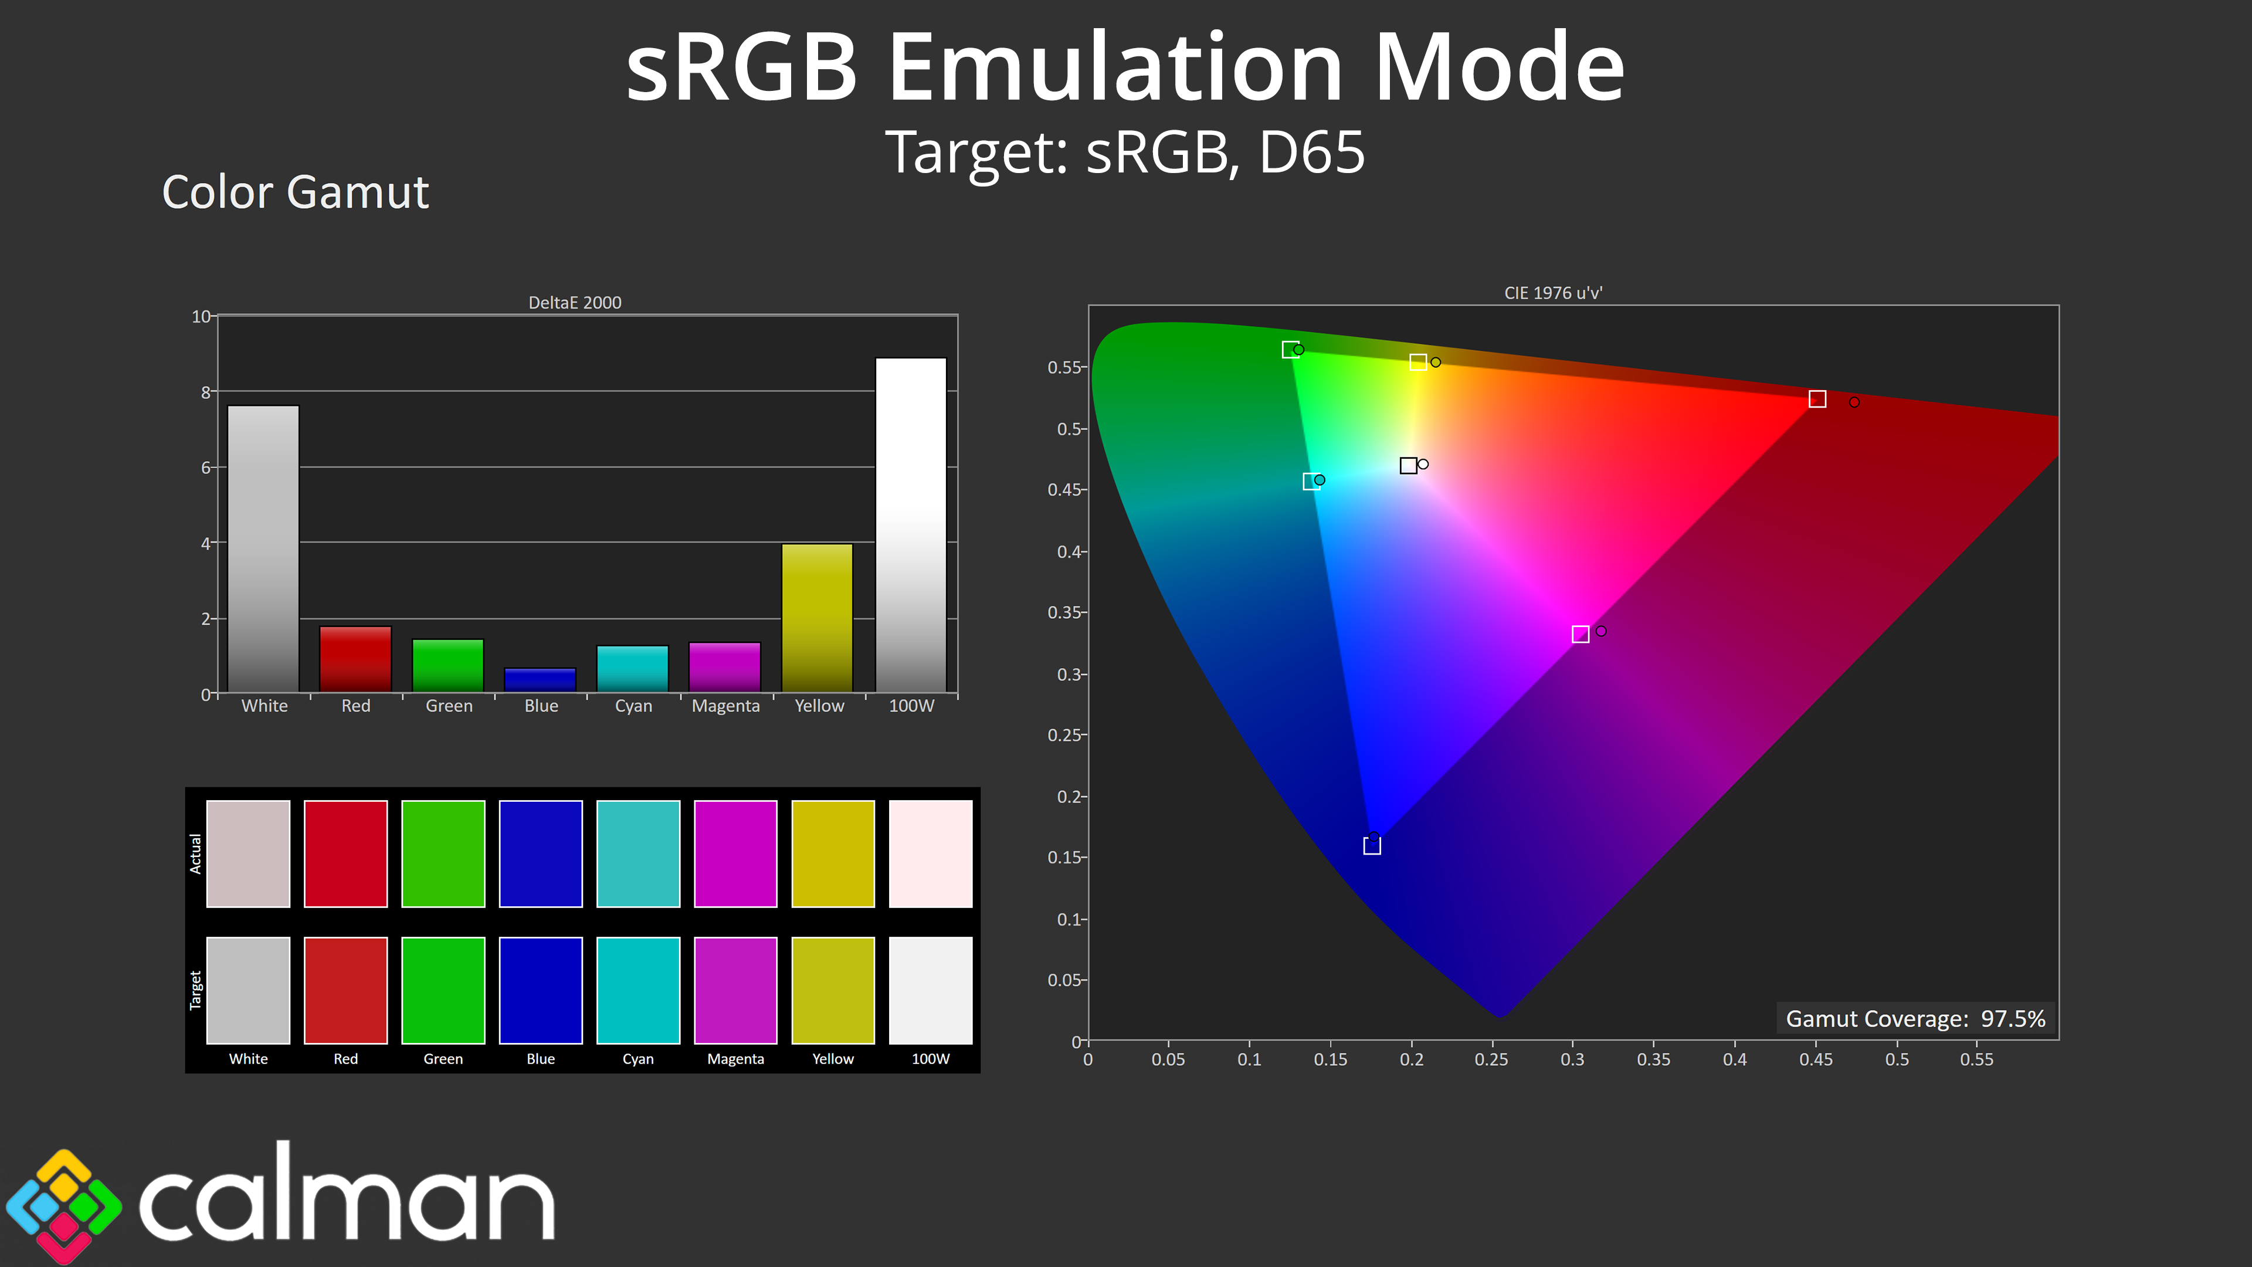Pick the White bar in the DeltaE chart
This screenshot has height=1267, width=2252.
tap(263, 549)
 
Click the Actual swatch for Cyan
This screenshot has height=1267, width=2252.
tap(638, 853)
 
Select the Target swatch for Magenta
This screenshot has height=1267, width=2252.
tap(735, 990)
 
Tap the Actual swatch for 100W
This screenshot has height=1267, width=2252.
tap(930, 853)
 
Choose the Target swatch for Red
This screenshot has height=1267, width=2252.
tap(345, 990)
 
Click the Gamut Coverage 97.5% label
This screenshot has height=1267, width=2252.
tap(1915, 1019)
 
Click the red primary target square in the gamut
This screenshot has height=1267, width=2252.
tap(1817, 399)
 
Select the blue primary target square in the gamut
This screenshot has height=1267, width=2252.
tap(1372, 845)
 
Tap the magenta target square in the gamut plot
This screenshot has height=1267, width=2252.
tap(1581, 634)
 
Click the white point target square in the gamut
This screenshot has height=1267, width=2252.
tap(1408, 465)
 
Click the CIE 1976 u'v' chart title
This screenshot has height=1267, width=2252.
tap(1554, 293)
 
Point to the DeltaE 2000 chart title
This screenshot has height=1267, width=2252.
tap(575, 303)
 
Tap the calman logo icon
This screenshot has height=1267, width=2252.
tap(63, 1205)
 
